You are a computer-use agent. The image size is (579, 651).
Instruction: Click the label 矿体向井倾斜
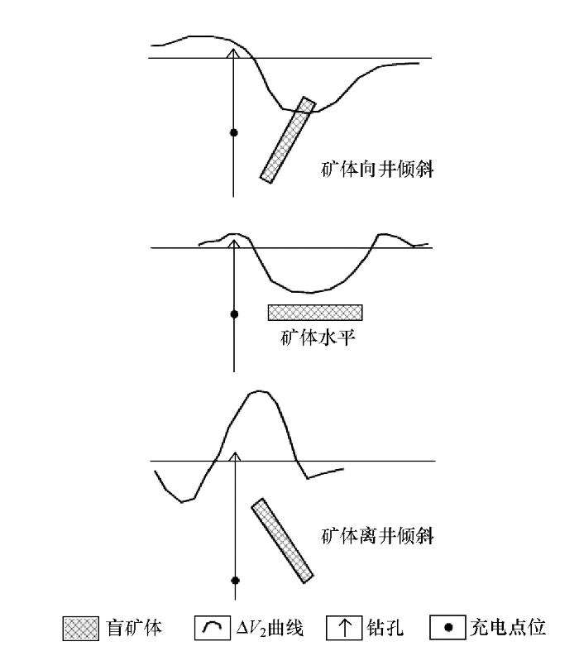click(377, 169)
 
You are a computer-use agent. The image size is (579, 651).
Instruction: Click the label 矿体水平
click(318, 337)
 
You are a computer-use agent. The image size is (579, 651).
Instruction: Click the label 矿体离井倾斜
click(377, 535)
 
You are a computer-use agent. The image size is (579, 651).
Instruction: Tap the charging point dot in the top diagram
click(234, 133)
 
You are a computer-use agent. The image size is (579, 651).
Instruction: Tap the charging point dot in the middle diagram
click(234, 314)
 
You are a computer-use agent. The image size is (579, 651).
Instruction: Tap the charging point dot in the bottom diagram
click(236, 580)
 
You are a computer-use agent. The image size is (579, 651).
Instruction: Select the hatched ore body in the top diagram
click(288, 140)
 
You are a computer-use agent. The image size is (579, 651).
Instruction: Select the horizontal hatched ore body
click(315, 313)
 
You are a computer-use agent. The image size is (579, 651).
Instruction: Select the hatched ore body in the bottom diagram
click(282, 540)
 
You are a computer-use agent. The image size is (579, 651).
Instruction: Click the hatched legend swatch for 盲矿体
click(81, 628)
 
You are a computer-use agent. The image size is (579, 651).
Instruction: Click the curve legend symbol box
click(212, 628)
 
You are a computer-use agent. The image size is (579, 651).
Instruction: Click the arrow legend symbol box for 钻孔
click(343, 628)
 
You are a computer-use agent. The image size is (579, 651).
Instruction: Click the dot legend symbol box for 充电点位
click(447, 627)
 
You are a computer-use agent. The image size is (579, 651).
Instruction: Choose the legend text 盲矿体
click(134, 628)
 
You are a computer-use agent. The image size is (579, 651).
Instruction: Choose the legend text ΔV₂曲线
click(270, 628)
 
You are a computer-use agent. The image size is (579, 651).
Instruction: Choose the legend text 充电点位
click(508, 627)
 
